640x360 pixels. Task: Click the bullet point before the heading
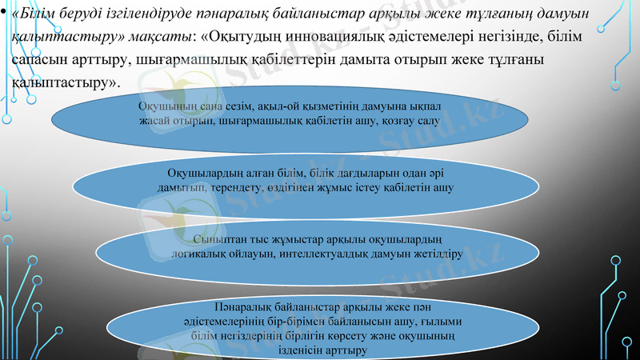[4, 13]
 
